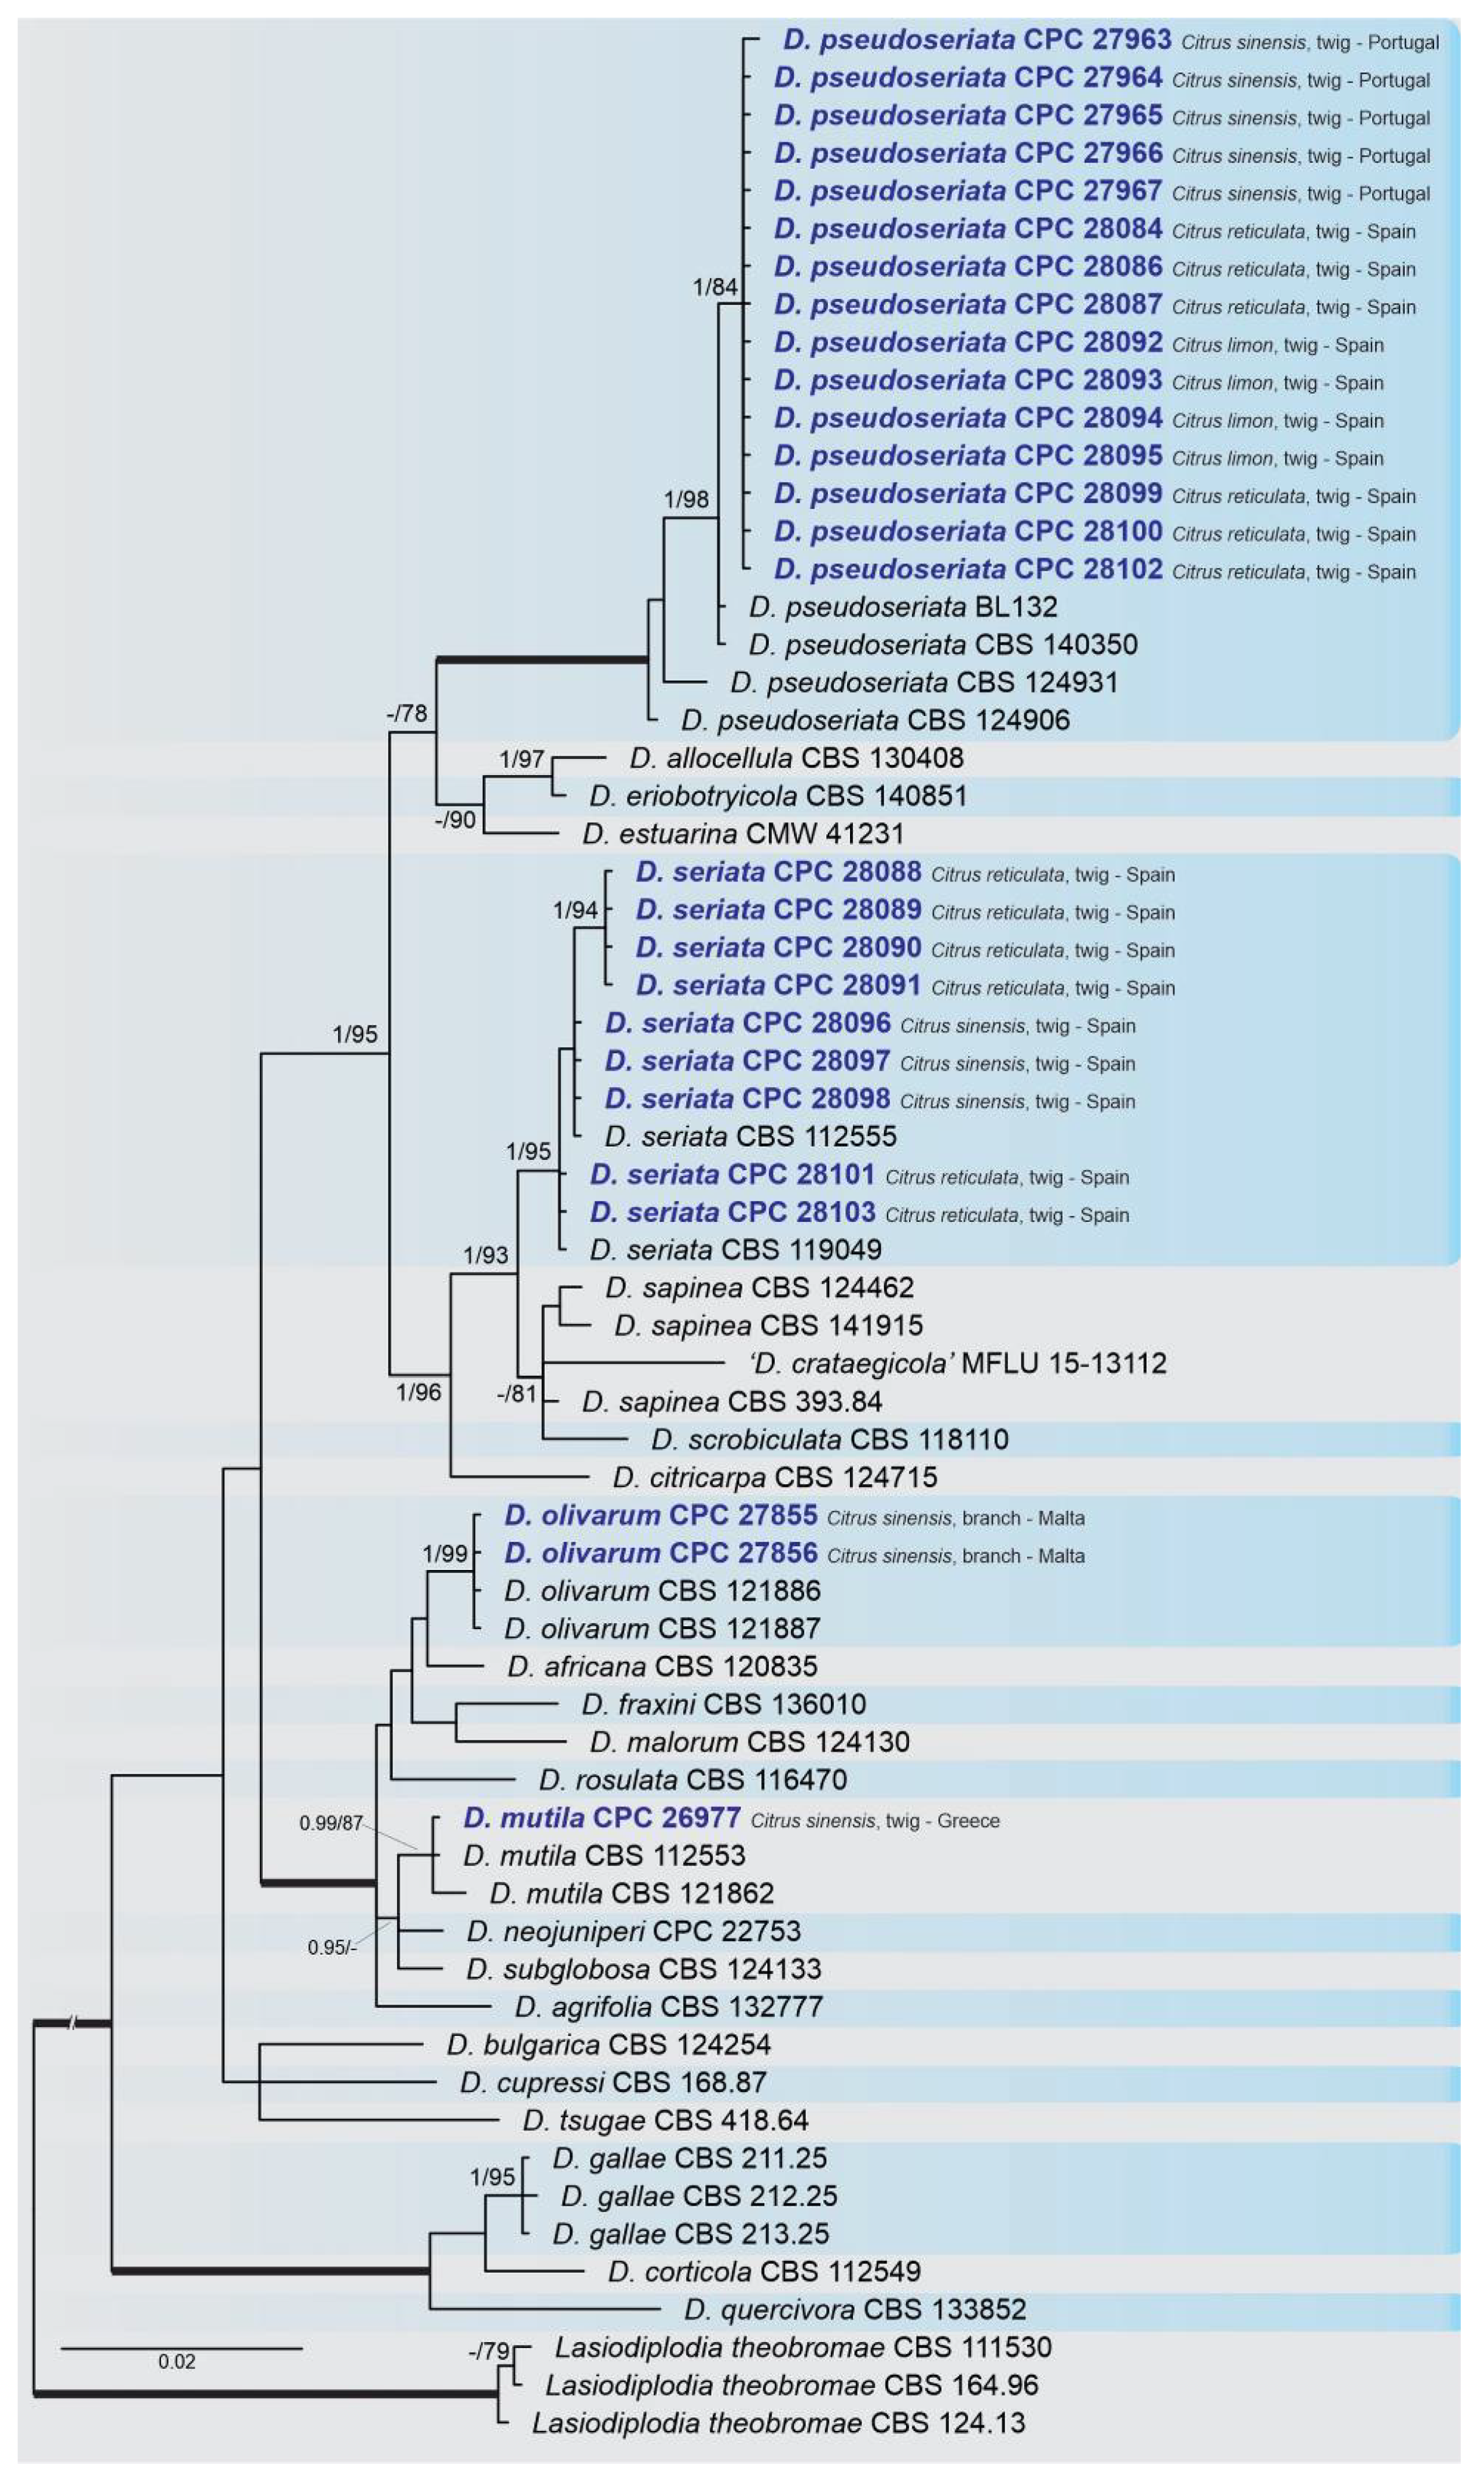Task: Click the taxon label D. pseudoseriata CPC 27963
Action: click(x=976, y=40)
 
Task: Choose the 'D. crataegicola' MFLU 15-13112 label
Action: click(x=958, y=1363)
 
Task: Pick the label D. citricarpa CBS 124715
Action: click(x=774, y=1477)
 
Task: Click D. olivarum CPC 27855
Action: click(x=660, y=1516)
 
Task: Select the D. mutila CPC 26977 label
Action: click(x=601, y=1818)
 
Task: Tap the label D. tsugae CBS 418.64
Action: click(x=665, y=2120)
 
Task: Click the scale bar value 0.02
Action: click(x=176, y=2361)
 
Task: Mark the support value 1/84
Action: click(x=714, y=287)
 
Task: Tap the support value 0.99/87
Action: click(x=331, y=1823)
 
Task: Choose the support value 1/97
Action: click(x=522, y=759)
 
